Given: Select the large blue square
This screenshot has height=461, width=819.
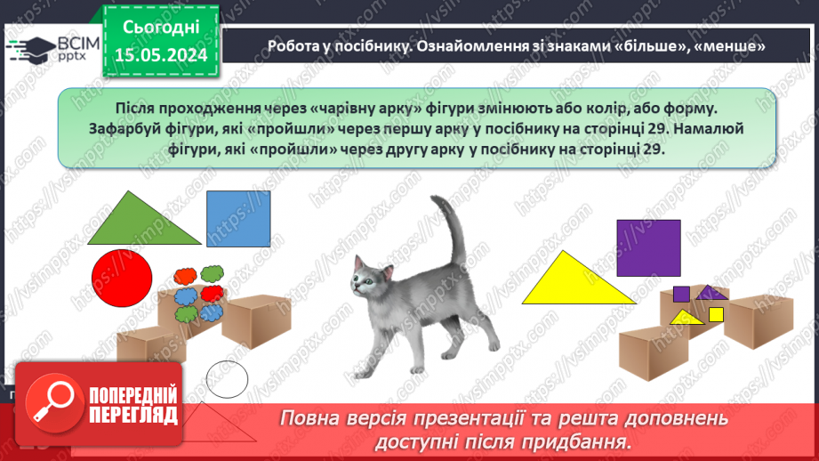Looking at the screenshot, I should pyautogui.click(x=238, y=219).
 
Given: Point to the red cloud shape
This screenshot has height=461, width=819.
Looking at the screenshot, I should pyautogui.click(x=212, y=293).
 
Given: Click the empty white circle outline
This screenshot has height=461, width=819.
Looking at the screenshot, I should pyautogui.click(x=227, y=378).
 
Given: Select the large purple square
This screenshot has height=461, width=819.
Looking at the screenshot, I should pyautogui.click(x=649, y=247).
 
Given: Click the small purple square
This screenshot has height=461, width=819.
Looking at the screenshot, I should pyautogui.click(x=681, y=295).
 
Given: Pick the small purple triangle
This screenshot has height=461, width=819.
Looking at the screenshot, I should pyautogui.click(x=709, y=293).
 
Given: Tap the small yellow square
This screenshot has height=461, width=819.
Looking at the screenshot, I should pyautogui.click(x=716, y=314).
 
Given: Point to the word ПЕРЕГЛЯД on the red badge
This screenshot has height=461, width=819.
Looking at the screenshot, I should pyautogui.click(x=133, y=416).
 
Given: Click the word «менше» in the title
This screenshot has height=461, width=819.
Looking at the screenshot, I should pyautogui.click(x=728, y=45).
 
